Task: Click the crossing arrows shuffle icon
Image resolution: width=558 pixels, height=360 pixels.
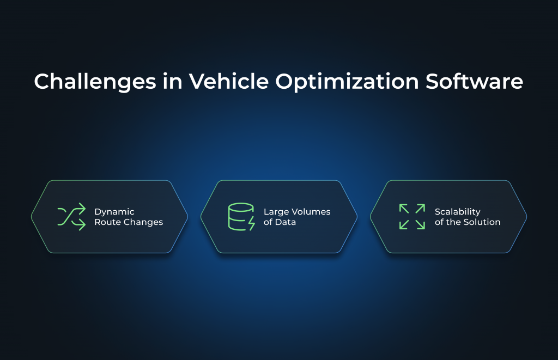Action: click(x=71, y=216)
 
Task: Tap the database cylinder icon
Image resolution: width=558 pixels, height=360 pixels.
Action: click(x=240, y=216)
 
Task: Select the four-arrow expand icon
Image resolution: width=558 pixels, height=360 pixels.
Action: click(x=412, y=216)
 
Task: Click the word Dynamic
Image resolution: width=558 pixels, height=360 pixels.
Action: click(x=114, y=211)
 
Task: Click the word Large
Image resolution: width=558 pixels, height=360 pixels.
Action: click(x=276, y=211)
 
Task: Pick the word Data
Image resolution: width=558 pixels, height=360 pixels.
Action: click(x=284, y=222)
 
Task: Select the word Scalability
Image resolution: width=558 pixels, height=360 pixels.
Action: click(x=457, y=211)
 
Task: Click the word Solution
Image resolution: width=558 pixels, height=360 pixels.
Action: click(x=483, y=222)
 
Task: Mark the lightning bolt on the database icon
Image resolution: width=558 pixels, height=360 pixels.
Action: click(x=251, y=223)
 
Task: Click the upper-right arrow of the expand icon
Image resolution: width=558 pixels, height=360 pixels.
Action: click(x=420, y=209)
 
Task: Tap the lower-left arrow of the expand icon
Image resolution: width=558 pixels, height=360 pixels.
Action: click(x=404, y=224)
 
